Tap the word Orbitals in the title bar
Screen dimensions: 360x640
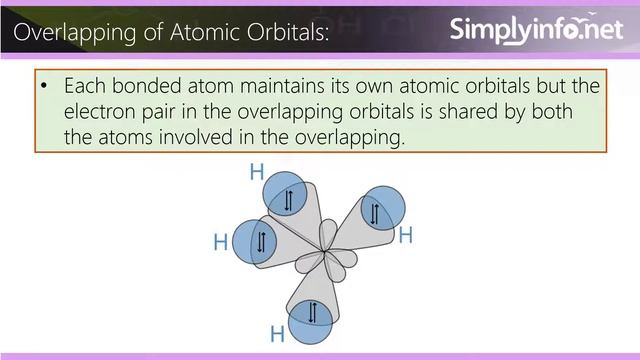276,34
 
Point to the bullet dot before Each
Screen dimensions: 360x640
45,87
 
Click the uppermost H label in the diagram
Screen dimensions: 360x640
256,172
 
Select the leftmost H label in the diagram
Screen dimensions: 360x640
221,242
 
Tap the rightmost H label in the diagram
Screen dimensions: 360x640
406,236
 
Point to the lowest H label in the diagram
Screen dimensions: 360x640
278,334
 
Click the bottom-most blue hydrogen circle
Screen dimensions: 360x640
311,312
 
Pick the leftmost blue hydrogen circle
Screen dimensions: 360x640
258,241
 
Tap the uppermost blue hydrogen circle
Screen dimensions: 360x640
287,199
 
